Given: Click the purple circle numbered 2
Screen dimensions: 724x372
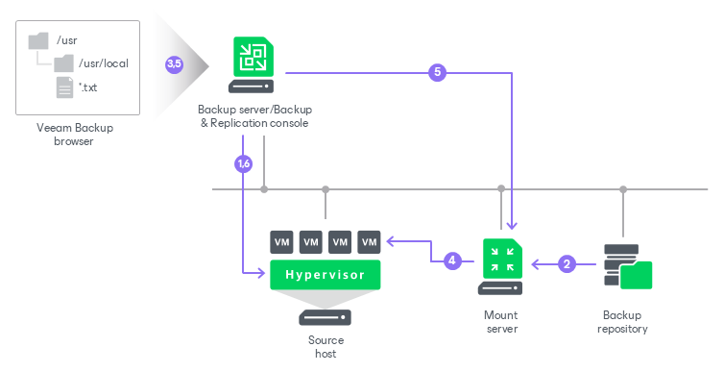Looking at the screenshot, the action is (x=567, y=264).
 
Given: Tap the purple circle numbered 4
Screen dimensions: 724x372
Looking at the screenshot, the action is (x=452, y=260).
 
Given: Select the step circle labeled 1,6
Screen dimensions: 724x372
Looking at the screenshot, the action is (x=243, y=163).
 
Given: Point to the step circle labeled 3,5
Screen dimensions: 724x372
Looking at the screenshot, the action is (x=174, y=63).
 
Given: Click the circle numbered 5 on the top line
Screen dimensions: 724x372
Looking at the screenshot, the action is (x=437, y=72).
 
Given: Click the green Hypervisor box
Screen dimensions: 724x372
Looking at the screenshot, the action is (x=326, y=275).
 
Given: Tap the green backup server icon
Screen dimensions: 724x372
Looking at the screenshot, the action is (x=253, y=57).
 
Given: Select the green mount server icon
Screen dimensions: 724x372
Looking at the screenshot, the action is (x=502, y=259).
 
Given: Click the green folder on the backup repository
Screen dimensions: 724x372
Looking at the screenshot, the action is (x=636, y=275).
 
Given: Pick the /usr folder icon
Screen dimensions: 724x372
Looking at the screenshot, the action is (x=38, y=40).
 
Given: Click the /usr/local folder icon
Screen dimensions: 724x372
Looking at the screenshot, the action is (x=63, y=63).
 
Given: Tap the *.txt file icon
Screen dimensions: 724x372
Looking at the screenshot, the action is (x=64, y=87).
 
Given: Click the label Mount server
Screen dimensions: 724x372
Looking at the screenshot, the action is (x=501, y=322).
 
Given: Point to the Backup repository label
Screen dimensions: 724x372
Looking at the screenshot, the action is (x=622, y=322).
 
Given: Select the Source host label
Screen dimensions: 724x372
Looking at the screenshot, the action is (x=326, y=347).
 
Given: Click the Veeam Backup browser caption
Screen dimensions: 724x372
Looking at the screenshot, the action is (x=74, y=135).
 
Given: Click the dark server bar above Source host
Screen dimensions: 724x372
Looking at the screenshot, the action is (x=326, y=317).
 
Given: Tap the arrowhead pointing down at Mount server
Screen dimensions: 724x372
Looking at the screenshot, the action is (x=512, y=226).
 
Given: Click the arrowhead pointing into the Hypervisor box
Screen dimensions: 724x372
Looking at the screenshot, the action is (x=261, y=273).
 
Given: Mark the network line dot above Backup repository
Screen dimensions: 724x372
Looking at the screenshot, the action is (x=623, y=189).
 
